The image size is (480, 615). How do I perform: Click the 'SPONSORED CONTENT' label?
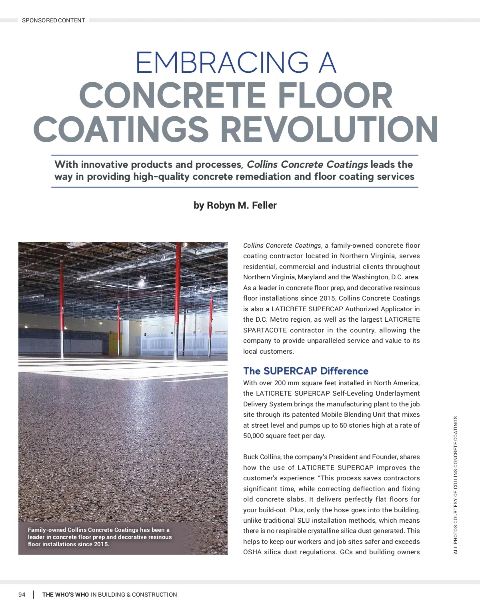click(x=53, y=20)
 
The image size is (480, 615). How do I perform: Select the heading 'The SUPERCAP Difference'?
click(x=306, y=371)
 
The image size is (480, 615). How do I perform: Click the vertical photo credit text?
click(x=456, y=485)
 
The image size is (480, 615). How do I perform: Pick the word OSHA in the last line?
click(x=252, y=552)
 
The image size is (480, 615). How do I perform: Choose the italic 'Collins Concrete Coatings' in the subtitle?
click(x=307, y=165)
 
